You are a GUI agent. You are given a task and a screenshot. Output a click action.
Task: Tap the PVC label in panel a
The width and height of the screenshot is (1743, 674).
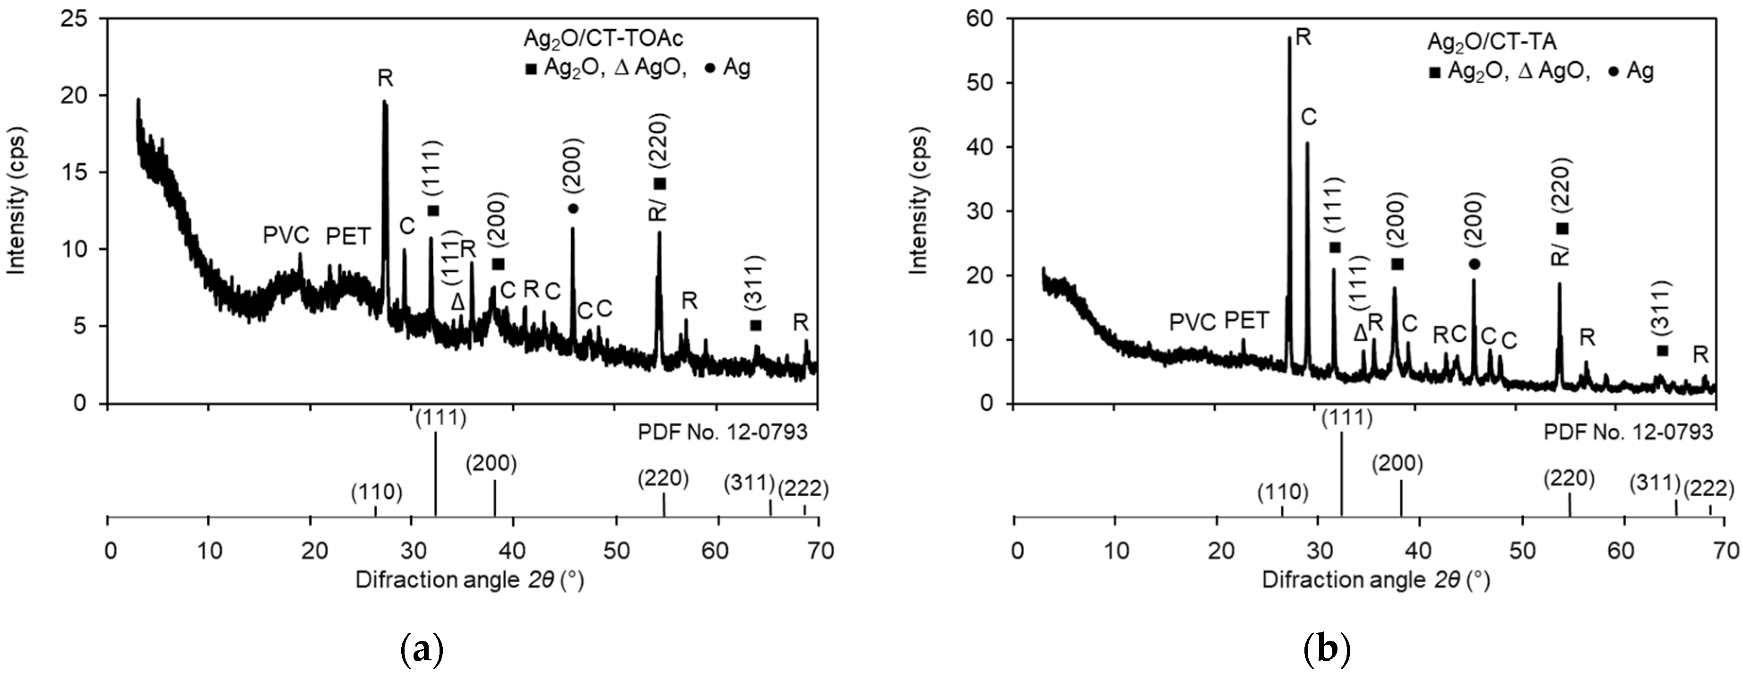[x=286, y=236]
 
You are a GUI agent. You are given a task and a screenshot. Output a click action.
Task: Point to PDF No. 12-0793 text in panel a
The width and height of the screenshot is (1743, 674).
[x=723, y=432]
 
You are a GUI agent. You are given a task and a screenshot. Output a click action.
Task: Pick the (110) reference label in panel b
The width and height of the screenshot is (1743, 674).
[x=1282, y=492]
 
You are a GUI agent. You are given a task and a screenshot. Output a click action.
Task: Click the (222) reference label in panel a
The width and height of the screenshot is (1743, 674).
[x=803, y=488]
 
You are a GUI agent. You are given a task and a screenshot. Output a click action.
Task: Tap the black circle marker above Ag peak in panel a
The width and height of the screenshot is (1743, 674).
[x=573, y=208]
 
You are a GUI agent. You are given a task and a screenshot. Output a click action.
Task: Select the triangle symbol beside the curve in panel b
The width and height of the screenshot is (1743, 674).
[x=1360, y=332]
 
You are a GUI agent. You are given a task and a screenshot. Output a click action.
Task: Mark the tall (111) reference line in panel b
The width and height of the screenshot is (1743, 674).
[x=1341, y=474]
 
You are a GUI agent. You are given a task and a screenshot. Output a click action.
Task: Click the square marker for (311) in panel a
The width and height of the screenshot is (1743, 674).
[x=756, y=326]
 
